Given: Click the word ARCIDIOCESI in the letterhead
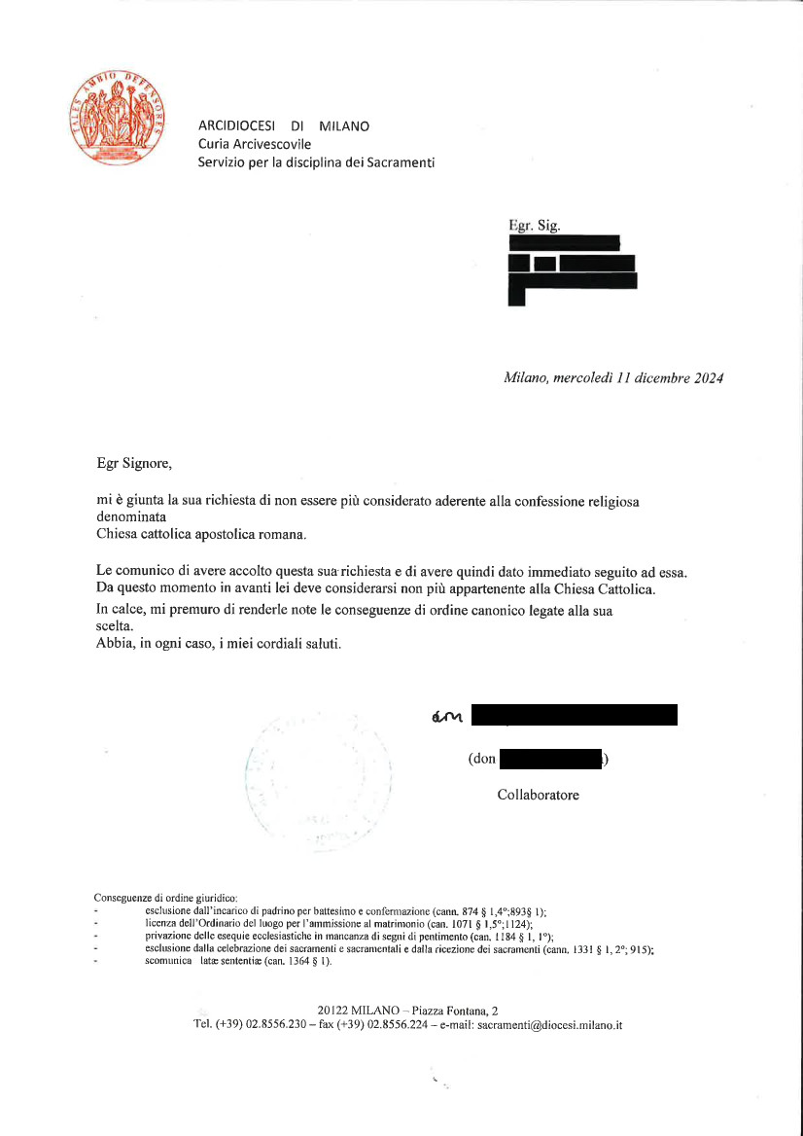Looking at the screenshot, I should pyautogui.click(x=236, y=126).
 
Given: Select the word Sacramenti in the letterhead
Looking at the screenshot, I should pyautogui.click(x=401, y=162).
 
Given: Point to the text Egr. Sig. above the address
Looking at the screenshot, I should pyautogui.click(x=535, y=226).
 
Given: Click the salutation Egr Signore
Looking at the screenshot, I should pyautogui.click(x=134, y=463).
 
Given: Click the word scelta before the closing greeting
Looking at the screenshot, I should pyautogui.click(x=116, y=626).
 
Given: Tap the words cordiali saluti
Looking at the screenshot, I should pyautogui.click(x=301, y=644).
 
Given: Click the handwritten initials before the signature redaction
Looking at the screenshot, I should pyautogui.click(x=448, y=718).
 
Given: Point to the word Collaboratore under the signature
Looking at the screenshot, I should pyautogui.click(x=538, y=795).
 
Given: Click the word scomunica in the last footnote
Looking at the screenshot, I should pyautogui.click(x=167, y=961).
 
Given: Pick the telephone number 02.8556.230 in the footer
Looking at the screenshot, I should pyautogui.click(x=264, y=1025).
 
